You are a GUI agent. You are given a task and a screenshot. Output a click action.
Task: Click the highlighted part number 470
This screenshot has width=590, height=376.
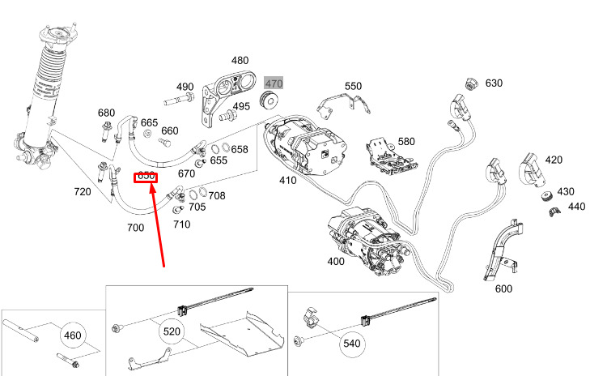click(274, 83)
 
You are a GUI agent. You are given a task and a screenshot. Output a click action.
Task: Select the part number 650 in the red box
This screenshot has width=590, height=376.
click(146, 177)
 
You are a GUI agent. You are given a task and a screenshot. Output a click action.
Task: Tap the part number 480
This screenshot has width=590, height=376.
click(240, 61)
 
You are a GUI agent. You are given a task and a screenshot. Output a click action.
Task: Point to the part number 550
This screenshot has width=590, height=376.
click(354, 86)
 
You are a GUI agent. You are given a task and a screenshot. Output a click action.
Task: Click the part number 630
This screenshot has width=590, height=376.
click(494, 83)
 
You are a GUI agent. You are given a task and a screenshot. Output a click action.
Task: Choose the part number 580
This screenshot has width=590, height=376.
click(406, 141)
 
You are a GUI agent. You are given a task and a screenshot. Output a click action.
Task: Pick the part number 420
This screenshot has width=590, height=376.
click(554, 160)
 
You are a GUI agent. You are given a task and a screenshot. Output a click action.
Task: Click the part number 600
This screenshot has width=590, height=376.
click(503, 289)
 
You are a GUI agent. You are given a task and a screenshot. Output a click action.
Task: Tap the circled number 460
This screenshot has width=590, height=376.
click(72, 334)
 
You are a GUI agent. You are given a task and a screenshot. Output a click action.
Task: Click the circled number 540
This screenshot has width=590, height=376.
click(351, 344)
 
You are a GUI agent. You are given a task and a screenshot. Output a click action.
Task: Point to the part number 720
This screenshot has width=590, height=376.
click(83, 192)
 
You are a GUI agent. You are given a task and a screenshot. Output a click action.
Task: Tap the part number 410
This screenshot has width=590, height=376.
click(287, 179)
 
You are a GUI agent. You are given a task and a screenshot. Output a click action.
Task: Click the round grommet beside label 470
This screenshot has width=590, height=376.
click(269, 100)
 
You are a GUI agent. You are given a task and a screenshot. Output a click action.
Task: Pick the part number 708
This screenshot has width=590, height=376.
click(217, 195)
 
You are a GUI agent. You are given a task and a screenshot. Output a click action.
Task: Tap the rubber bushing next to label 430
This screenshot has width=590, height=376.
click(546, 197)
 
